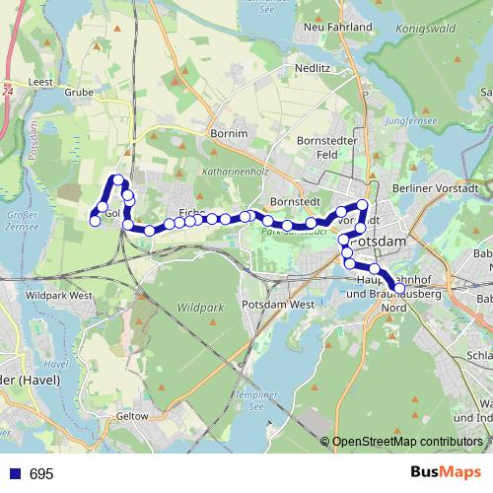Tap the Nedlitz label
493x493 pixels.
click(x=312, y=68)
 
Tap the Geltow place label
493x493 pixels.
click(x=132, y=416)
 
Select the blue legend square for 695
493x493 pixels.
click(x=15, y=474)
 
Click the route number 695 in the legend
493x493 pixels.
click(x=41, y=474)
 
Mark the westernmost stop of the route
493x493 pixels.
click(x=96, y=221)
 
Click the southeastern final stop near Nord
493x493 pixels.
click(x=399, y=289)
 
